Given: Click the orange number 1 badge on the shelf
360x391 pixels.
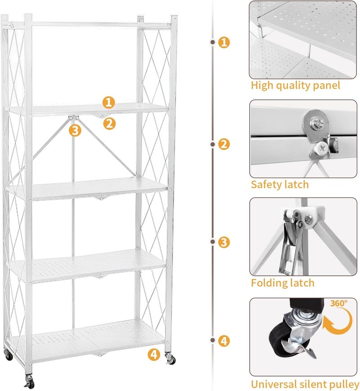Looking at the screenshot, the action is click(108, 102).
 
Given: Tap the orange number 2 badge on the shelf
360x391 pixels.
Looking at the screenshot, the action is click(109, 123).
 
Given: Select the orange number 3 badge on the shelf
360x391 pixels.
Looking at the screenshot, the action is click(75, 130).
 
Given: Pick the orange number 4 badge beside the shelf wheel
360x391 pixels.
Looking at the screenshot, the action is click(154, 354).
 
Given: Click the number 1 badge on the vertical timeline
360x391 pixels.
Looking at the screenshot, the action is click(224, 42).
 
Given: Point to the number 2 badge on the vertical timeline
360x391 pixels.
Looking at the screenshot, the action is click(224, 144).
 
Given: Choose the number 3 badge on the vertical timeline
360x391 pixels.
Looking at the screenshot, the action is click(224, 242).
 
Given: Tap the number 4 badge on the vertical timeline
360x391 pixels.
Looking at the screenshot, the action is click(224, 340).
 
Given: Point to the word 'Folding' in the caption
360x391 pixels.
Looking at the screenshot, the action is click(269, 283).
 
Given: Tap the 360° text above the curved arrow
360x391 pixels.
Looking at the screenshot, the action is click(339, 303).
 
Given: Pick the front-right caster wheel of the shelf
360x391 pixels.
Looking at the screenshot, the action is click(171, 360).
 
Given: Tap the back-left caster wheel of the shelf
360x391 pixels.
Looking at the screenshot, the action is click(8, 355).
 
